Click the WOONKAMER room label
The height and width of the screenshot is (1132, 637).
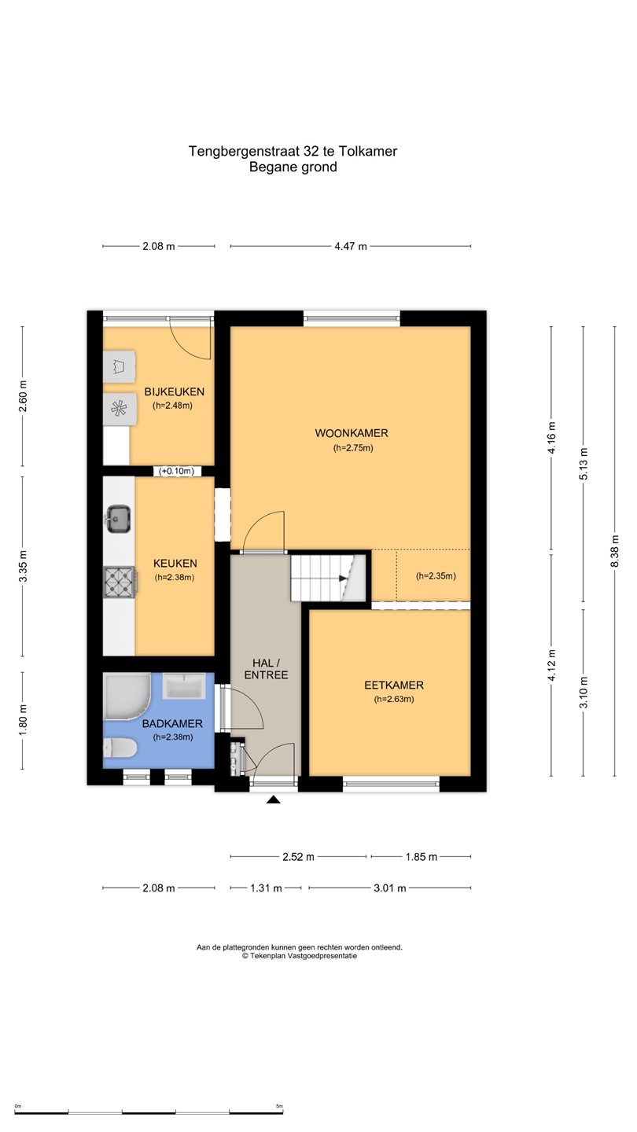tap(352, 433)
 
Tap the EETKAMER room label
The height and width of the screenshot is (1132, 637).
tap(394, 685)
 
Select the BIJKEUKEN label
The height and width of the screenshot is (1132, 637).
tap(175, 391)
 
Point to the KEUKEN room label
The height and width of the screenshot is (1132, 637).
tap(175, 564)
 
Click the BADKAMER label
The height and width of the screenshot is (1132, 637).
tap(172, 724)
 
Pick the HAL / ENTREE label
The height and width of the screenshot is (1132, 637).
tap(266, 669)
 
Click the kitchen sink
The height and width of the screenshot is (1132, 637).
tap(119, 519)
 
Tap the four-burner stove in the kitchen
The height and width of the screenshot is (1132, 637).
tap(120, 583)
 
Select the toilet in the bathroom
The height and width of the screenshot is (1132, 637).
tap(120, 748)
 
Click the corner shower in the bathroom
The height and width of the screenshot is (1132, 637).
tap(127, 696)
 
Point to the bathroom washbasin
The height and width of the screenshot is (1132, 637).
tap(185, 685)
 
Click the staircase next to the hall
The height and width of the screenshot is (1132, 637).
tap(328, 578)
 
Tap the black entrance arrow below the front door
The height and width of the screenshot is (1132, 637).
tap(274, 799)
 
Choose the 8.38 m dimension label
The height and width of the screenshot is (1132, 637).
tap(615, 551)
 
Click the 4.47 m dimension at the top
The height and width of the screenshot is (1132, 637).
tap(351, 247)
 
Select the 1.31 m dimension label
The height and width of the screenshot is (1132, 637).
tap(266, 888)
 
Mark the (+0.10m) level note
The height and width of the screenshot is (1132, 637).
tap(176, 472)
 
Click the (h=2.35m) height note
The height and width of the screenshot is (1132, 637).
tap(436, 576)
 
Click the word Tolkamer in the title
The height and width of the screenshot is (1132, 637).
tap(367, 151)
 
